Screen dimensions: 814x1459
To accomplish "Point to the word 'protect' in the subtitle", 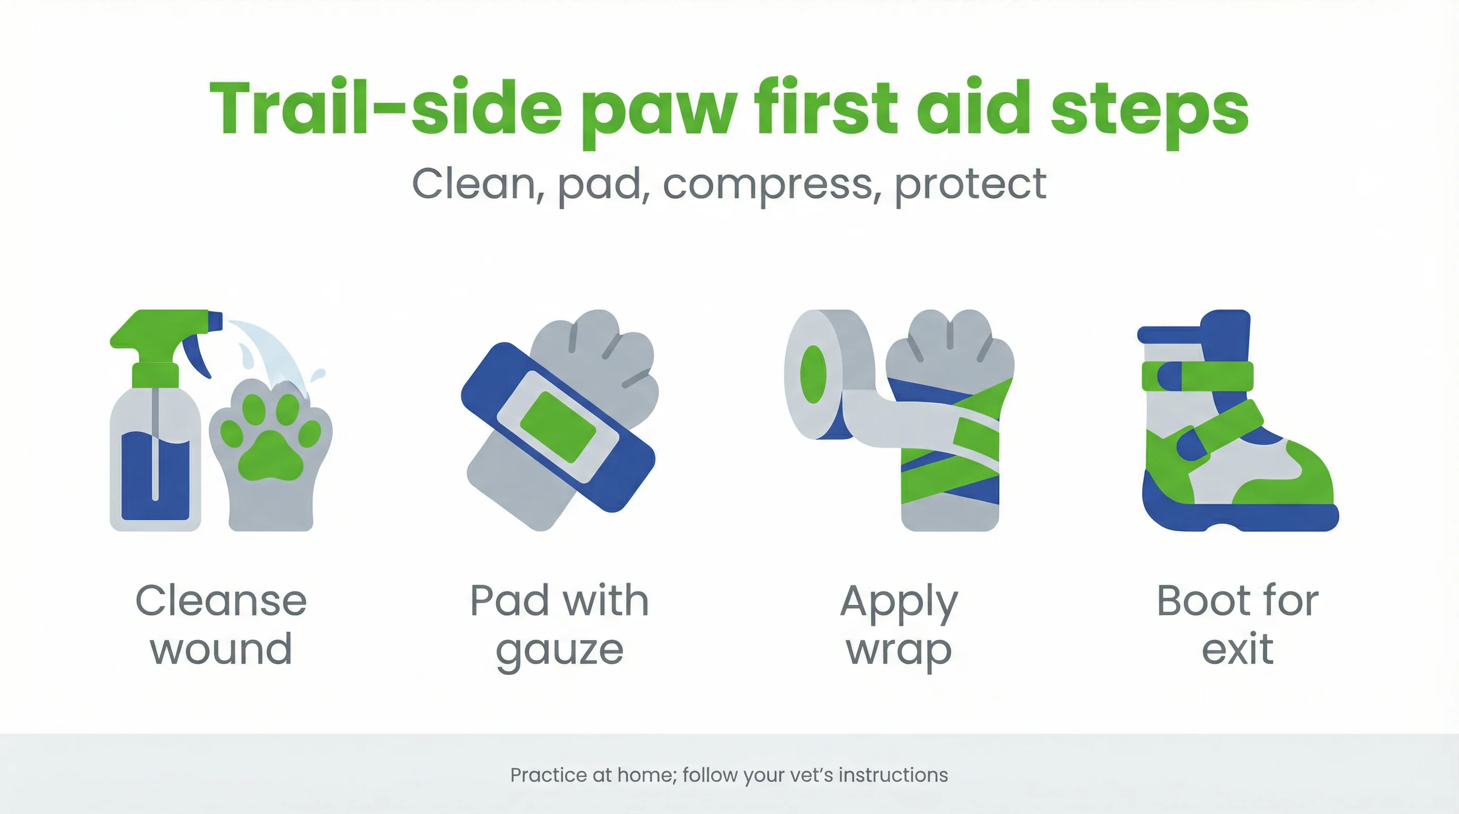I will [970, 184].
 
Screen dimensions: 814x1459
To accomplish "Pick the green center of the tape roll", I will [813, 374].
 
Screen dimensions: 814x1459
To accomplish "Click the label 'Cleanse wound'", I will [221, 624].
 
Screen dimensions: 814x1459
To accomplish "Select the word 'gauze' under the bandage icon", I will [560, 650].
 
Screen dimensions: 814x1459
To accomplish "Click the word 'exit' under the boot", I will [1237, 649].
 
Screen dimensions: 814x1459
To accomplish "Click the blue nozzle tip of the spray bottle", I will [215, 321].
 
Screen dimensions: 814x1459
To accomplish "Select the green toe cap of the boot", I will [1303, 475].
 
